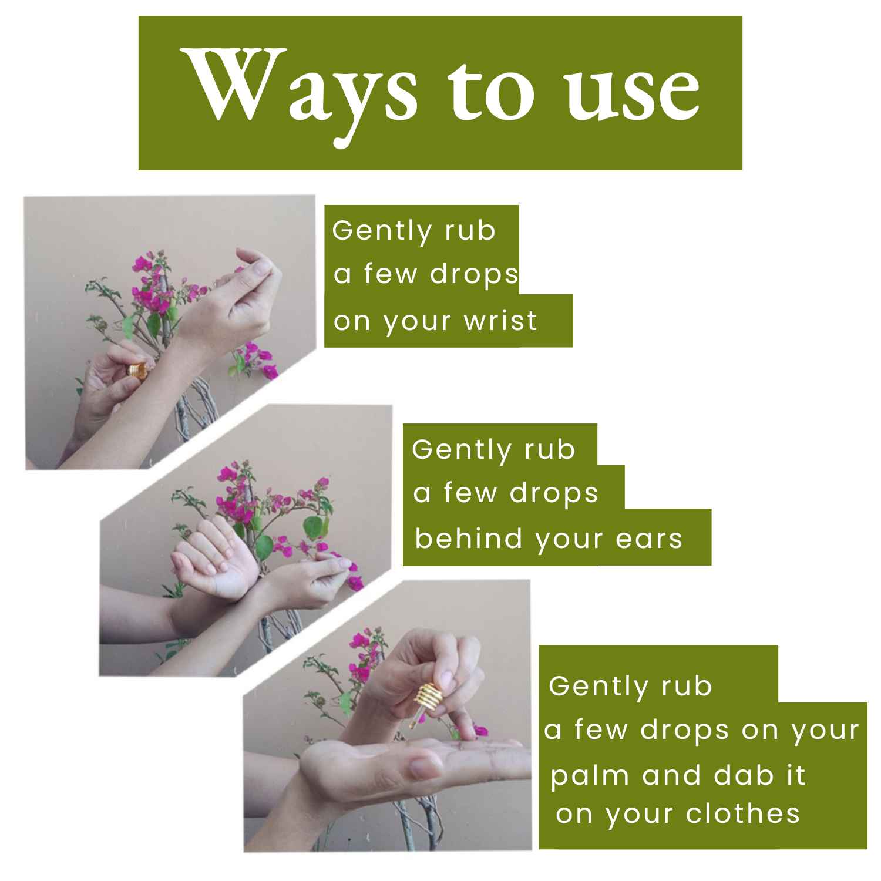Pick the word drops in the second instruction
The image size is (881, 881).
coord(553,493)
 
